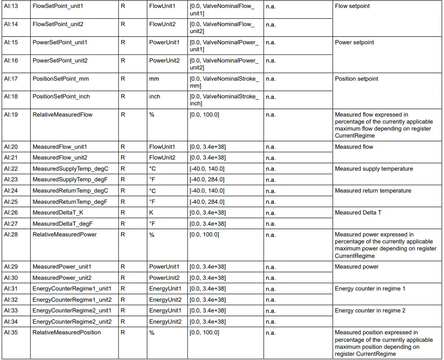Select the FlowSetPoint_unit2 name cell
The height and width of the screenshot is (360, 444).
58,24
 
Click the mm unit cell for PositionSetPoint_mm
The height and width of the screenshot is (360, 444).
154,79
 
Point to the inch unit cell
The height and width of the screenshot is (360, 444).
154,97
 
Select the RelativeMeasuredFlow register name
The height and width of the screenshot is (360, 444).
62,115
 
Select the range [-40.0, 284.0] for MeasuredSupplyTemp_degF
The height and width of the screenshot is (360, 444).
207,180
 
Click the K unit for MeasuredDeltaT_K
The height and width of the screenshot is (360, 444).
152,213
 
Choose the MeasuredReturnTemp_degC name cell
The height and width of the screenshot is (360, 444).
70,191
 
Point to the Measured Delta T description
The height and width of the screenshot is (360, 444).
358,213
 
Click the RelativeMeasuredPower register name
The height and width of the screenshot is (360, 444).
64,235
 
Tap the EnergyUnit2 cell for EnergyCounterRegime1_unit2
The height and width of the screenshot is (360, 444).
165,300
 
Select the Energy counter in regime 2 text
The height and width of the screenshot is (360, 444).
370,311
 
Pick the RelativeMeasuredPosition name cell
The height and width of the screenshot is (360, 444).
67,332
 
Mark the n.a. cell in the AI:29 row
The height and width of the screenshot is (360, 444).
271,267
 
